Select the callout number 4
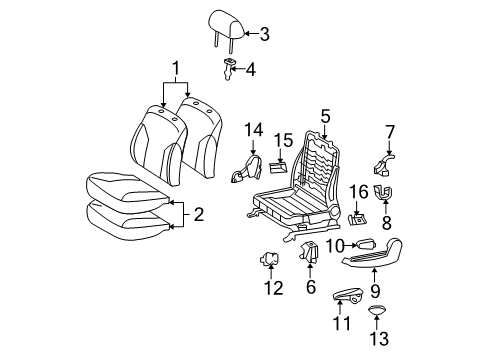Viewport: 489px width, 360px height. point(251,70)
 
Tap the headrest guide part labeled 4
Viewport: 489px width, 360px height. point(228,68)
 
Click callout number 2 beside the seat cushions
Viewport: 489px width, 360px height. point(198,213)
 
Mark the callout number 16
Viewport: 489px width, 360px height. point(358,191)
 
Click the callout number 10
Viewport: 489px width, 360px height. point(339,245)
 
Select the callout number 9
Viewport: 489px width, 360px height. point(376,291)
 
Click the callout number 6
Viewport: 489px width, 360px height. point(311,286)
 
